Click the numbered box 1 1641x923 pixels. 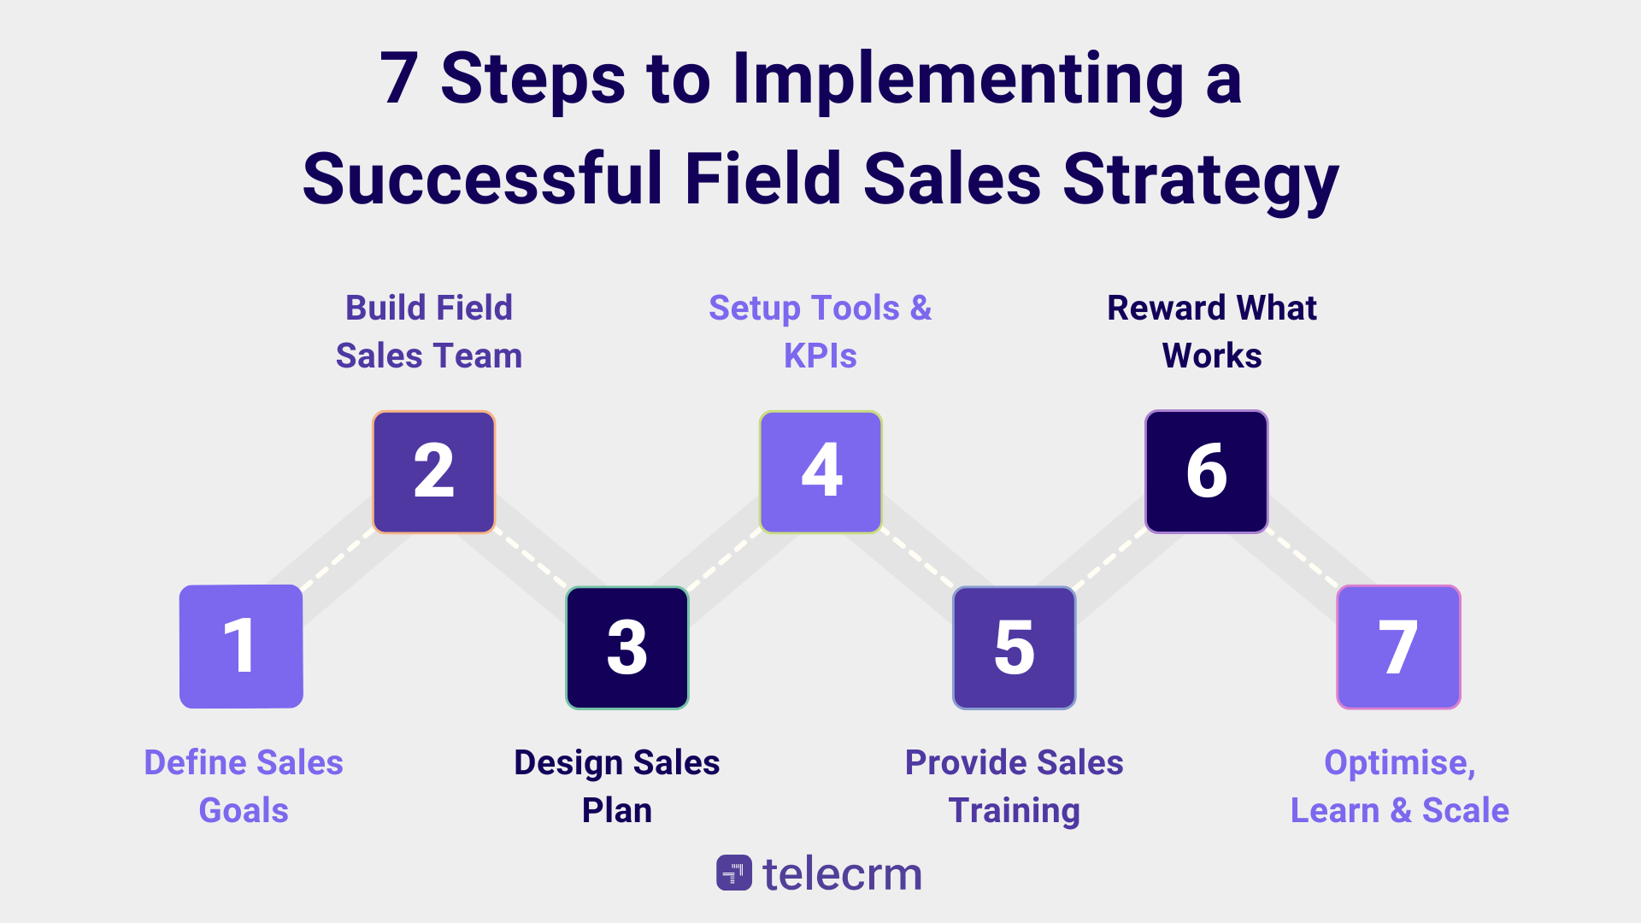coord(241,647)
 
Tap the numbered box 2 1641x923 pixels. coord(433,472)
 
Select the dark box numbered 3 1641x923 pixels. coord(627,648)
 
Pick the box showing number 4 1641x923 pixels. coord(820,472)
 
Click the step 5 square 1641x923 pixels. coord(1014,648)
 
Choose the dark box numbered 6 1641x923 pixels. coord(1206,472)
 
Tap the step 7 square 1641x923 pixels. coord(1398,647)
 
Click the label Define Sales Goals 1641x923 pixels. coord(244,785)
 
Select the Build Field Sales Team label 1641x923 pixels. coord(429,332)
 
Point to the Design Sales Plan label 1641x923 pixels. coord(616,785)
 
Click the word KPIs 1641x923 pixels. coord(820,356)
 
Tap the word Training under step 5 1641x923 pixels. coord(1014,810)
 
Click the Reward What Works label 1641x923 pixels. coord(1211,332)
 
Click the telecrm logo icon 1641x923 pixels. coord(734,873)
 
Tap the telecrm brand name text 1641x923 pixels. coord(842,873)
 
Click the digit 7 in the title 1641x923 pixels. coord(399,79)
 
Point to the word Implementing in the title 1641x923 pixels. coord(957,79)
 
